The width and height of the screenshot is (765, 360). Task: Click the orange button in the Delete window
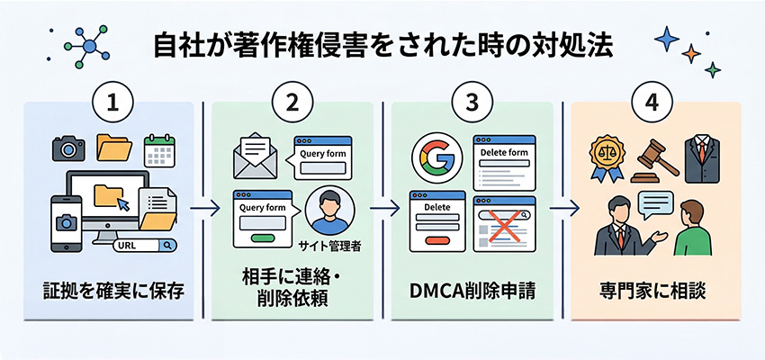tap(436, 239)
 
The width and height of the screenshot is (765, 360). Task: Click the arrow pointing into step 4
tap(563, 209)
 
